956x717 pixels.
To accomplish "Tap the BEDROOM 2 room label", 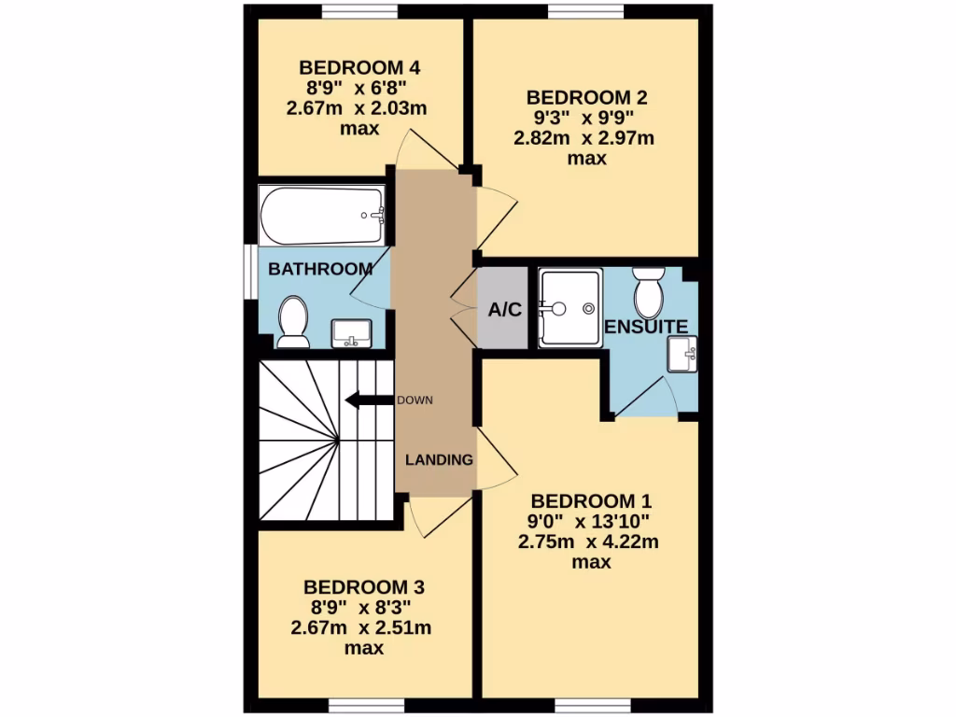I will (587, 97).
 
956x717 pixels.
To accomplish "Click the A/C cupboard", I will (504, 310).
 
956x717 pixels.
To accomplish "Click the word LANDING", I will (439, 459).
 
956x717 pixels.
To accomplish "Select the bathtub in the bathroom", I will (322, 215).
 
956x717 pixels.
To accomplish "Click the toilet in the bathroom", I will (293, 321).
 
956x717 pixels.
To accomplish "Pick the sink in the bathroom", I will (352, 331).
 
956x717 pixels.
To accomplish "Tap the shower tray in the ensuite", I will (569, 308).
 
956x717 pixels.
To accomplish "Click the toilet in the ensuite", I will (647, 291).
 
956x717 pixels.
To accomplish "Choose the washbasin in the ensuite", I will (682, 355).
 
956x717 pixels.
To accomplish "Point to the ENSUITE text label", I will (646, 327).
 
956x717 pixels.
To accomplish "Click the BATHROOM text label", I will (320, 269).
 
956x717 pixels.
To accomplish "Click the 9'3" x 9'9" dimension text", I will (587, 119).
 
